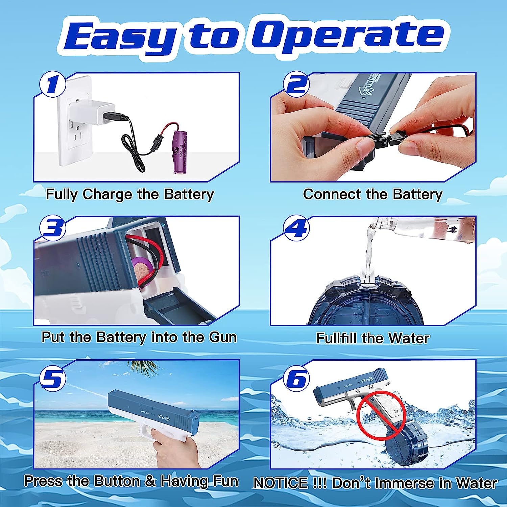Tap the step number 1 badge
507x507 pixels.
53,84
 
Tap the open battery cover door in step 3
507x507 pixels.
176,306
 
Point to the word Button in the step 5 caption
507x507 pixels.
117,481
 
